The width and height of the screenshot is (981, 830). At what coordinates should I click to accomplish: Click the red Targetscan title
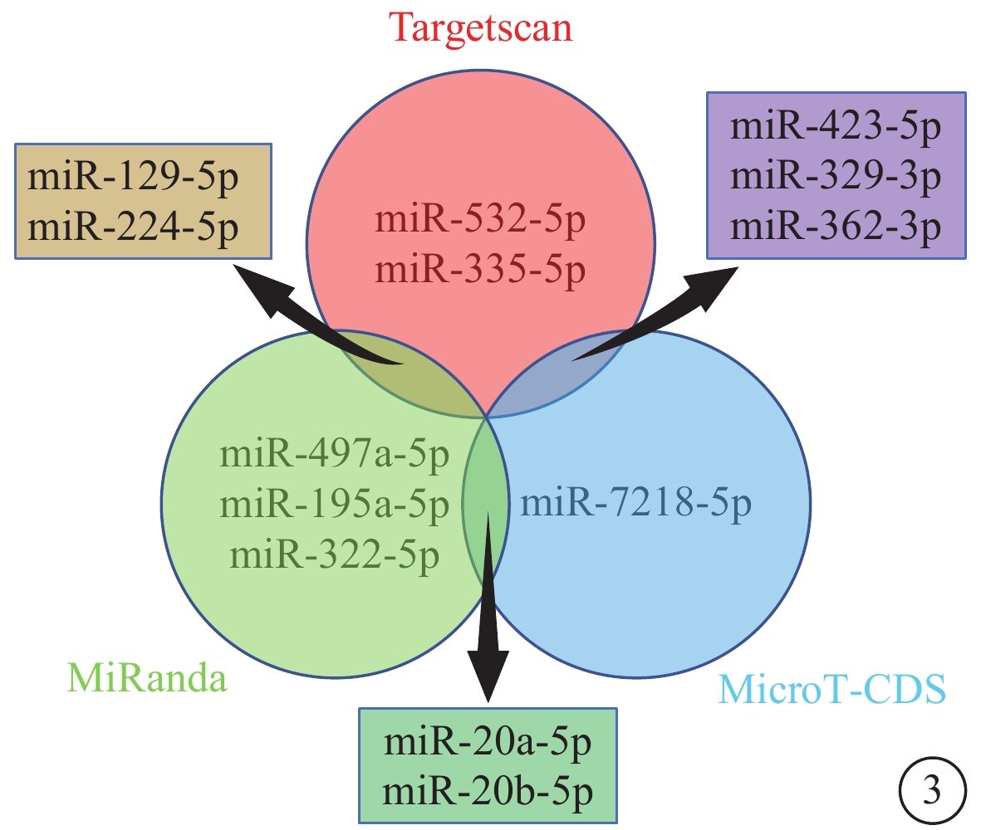pos(480,29)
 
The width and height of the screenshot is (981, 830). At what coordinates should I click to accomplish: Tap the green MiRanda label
pos(147,678)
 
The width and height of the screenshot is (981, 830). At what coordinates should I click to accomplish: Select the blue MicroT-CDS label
pos(832,690)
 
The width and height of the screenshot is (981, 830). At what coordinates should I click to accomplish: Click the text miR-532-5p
pos(480,221)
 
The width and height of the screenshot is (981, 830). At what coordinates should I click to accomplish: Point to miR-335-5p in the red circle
pos(480,271)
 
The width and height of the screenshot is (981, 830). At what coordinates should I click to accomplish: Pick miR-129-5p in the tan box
pos(133,178)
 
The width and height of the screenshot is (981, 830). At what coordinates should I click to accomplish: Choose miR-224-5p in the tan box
pos(133,227)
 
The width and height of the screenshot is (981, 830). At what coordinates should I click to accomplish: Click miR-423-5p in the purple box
pos(836,127)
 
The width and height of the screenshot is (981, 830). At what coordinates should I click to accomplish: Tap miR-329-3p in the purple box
pos(836,176)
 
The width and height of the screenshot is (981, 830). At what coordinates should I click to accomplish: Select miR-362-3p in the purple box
pos(836,227)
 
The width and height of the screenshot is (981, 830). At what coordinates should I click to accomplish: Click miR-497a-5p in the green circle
pos(335,454)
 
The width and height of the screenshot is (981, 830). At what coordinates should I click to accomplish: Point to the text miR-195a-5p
pos(335,505)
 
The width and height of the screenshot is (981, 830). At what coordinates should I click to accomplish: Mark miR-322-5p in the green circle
pos(335,555)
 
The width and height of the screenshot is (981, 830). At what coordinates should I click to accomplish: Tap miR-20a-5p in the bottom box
pos(488,743)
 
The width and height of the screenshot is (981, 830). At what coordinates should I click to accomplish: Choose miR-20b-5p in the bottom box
pos(488,793)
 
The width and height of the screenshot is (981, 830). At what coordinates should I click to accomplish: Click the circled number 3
pos(932,791)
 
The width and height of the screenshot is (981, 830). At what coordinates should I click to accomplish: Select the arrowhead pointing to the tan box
pos(260,289)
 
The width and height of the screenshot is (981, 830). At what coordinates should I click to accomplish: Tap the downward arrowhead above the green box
pos(488,674)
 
